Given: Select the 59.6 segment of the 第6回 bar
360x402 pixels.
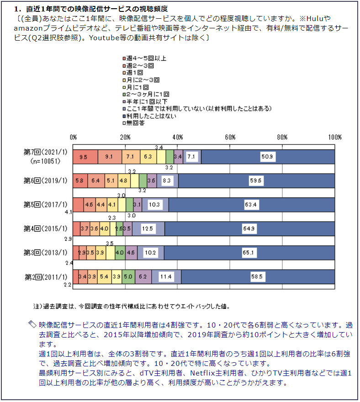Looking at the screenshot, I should [256, 181].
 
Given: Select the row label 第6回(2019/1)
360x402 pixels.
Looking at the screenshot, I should [45, 181].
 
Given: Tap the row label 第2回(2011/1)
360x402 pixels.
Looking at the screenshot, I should [45, 277].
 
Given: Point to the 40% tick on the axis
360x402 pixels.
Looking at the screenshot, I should [178, 137].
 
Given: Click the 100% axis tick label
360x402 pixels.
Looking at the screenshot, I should [335, 137].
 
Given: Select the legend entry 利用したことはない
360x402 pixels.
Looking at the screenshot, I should [151, 116].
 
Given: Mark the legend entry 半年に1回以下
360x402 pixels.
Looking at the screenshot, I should [146, 101].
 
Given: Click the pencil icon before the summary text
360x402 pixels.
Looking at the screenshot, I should [32, 324].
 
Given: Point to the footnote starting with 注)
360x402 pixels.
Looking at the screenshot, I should [131, 306].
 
